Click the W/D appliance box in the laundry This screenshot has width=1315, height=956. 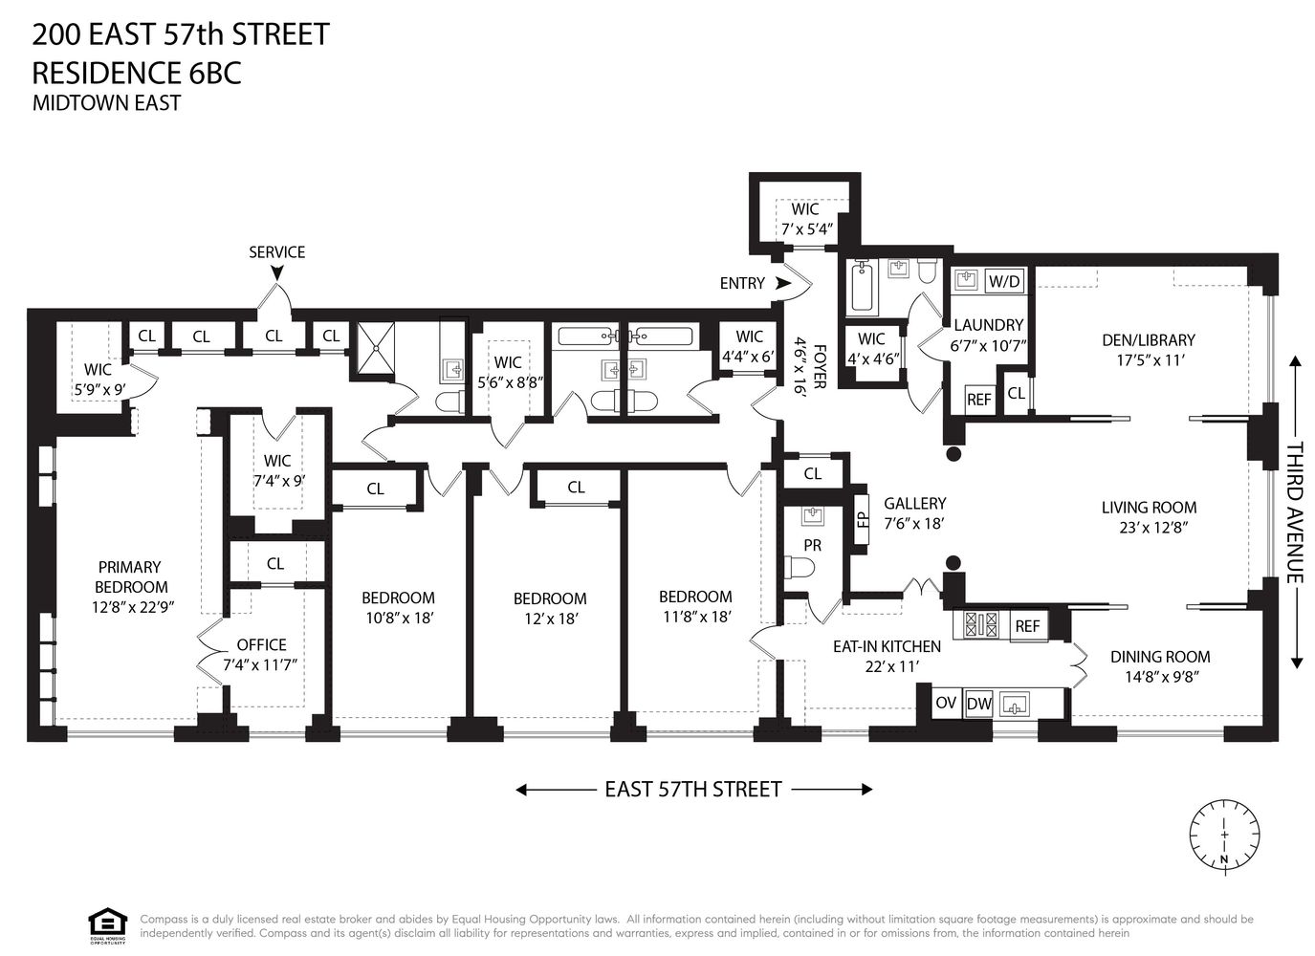(1003, 281)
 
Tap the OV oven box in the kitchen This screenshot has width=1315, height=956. (946, 703)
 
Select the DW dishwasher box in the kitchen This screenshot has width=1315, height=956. (978, 704)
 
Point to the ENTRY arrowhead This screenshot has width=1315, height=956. (783, 283)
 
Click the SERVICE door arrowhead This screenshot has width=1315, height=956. (276, 273)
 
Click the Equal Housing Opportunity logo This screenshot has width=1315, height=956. (107, 924)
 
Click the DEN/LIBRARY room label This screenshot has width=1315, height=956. (1148, 339)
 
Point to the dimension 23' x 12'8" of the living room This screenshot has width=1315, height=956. (1149, 527)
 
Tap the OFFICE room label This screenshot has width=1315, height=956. (261, 644)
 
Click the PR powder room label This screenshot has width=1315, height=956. (812, 545)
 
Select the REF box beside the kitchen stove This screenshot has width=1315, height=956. (1027, 626)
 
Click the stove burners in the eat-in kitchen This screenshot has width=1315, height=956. (981, 625)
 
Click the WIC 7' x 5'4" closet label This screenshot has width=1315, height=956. (805, 219)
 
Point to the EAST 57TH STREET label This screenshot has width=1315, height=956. (693, 790)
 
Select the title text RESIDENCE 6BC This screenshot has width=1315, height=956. (137, 73)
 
